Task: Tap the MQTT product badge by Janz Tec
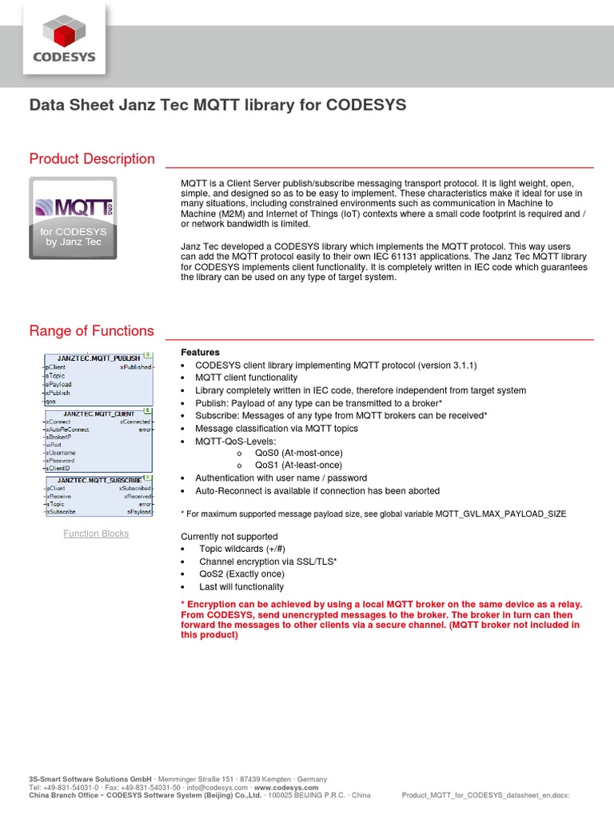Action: [x=73, y=218]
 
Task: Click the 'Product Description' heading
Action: [x=92, y=158]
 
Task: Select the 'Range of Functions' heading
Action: [x=91, y=330]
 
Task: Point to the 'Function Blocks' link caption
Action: [x=96, y=533]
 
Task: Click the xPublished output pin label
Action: [x=135, y=367]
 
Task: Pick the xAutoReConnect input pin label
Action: [x=68, y=429]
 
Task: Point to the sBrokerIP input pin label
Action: [x=60, y=437]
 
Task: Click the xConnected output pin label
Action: [x=135, y=421]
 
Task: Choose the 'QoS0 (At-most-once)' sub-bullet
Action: [x=298, y=452]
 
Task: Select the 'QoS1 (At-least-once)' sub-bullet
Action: [x=298, y=465]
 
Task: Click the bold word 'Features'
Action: [x=200, y=352]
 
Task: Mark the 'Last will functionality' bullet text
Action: [x=241, y=586]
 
